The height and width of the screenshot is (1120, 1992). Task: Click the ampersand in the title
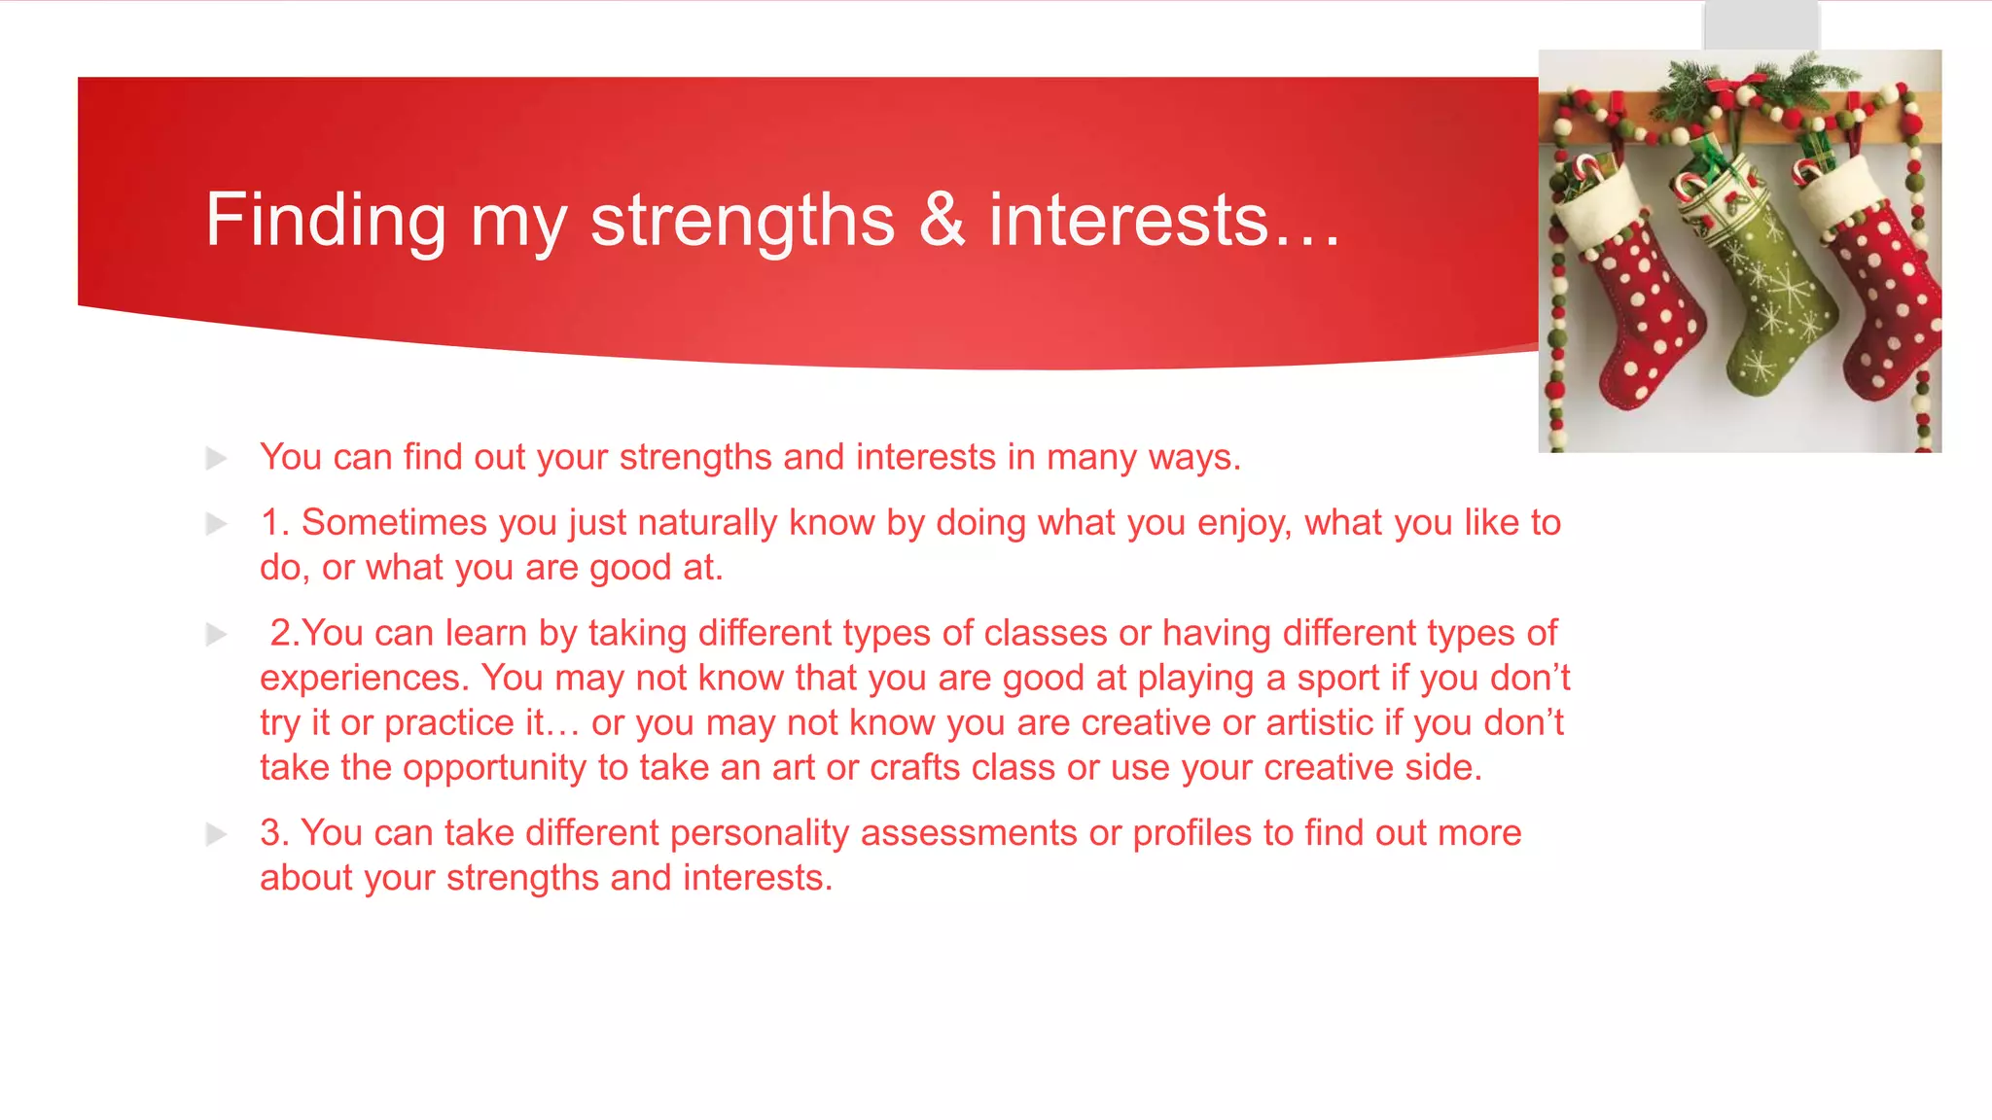click(x=942, y=220)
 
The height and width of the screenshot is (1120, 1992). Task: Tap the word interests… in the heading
click(x=1164, y=220)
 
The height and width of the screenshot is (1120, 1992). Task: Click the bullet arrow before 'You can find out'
click(x=216, y=458)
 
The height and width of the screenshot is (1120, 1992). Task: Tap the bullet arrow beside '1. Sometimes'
click(x=216, y=524)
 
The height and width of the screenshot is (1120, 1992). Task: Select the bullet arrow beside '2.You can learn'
click(x=216, y=635)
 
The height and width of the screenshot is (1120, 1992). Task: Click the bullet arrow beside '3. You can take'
click(x=216, y=834)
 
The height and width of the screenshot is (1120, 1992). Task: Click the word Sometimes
click(x=394, y=523)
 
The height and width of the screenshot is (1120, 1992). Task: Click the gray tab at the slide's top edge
click(x=1761, y=24)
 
